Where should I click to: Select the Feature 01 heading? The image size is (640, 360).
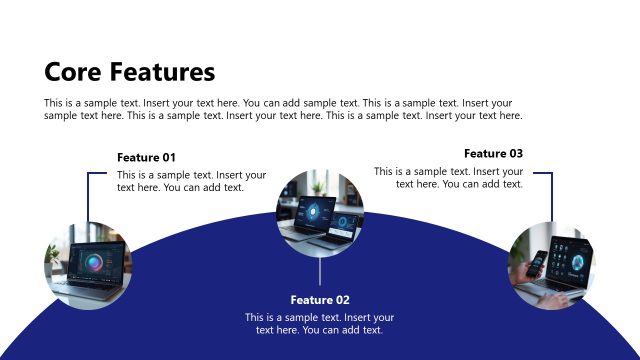coord(146,157)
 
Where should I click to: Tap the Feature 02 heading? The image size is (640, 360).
coord(320,300)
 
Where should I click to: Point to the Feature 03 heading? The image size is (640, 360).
coord(493,154)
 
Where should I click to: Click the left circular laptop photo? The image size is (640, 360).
coord(88,265)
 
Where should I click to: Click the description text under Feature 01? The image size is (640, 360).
coord(192,181)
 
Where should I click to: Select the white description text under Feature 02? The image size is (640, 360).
coord(320,324)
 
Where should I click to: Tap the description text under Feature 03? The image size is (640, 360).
coord(449,178)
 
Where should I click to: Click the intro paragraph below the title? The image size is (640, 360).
coord(283,109)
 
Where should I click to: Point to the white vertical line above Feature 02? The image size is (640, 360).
coord(320,270)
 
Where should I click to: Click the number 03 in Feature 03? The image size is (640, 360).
coord(514,154)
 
